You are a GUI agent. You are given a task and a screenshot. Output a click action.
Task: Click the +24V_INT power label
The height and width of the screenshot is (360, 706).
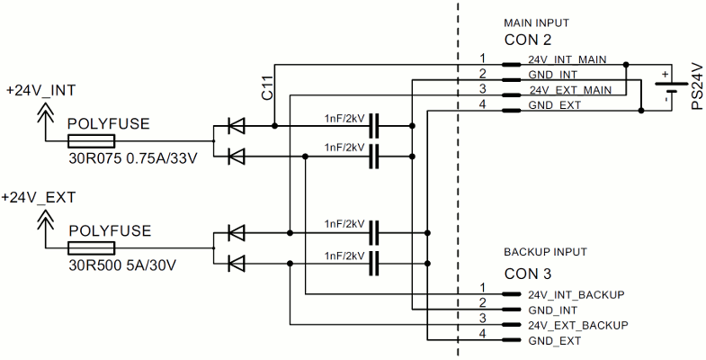point(40,91)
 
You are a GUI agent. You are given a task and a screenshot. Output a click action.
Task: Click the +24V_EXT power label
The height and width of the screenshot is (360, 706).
point(40,197)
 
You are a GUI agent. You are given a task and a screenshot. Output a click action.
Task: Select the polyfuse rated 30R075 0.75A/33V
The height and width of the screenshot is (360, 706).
point(91,140)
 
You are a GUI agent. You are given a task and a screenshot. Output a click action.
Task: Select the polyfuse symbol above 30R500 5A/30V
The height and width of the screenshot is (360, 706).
point(91,247)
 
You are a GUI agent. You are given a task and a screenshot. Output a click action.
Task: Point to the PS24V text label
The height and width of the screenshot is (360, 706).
point(695,86)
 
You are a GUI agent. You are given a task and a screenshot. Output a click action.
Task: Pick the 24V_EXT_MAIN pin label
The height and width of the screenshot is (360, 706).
point(570,89)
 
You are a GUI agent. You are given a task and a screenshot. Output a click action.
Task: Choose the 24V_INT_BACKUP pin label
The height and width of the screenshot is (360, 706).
point(576,294)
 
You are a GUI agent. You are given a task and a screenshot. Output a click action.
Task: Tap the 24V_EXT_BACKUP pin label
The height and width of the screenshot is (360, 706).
point(577,324)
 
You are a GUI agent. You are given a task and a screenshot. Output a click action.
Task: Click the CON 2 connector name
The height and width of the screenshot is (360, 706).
point(528,40)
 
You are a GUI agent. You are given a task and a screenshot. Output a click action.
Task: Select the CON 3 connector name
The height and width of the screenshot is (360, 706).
point(528,273)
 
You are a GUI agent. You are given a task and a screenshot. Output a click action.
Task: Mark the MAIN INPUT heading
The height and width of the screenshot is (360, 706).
point(535,22)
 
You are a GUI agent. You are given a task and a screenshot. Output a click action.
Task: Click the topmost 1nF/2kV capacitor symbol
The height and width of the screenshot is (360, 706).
point(378,125)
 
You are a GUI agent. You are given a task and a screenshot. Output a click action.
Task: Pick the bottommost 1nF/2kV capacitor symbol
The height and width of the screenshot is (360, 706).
point(378,263)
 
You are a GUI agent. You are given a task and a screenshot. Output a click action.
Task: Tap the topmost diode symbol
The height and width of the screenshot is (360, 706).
point(237,126)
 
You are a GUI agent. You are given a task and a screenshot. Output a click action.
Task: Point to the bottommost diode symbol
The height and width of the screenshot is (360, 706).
point(237,263)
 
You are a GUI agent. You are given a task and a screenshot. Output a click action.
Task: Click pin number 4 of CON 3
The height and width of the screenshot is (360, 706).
point(482,335)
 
